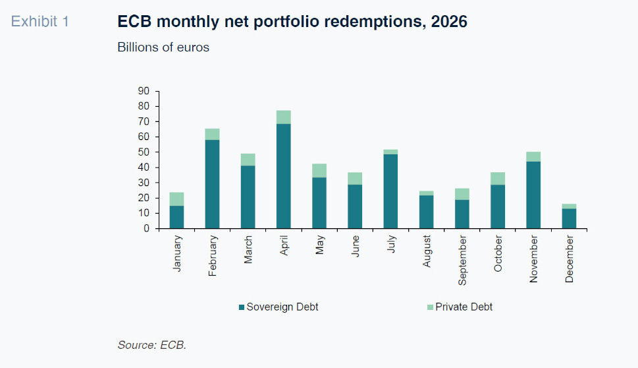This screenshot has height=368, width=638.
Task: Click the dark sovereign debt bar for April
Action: click(x=284, y=176)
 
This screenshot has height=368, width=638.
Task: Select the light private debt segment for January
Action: click(x=176, y=199)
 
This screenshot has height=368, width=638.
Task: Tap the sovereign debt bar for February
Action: click(x=212, y=184)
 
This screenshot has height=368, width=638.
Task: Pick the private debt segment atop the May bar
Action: click(x=319, y=170)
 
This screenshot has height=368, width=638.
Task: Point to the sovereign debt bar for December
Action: click(x=570, y=218)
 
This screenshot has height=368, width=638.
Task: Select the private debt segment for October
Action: click(x=498, y=178)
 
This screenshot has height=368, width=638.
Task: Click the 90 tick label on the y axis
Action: click(x=144, y=91)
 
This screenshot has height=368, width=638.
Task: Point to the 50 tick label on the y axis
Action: click(x=144, y=152)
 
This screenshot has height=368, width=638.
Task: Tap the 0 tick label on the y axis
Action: click(x=146, y=229)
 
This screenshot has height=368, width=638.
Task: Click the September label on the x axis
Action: click(x=462, y=261)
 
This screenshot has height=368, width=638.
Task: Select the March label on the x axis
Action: click(x=248, y=251)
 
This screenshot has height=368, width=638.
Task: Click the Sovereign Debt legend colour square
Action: click(x=241, y=307)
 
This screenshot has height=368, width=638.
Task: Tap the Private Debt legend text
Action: click(x=464, y=307)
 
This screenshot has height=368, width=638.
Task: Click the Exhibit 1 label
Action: click(x=40, y=22)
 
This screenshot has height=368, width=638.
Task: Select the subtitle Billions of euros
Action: click(x=163, y=47)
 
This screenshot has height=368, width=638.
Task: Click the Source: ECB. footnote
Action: click(x=152, y=344)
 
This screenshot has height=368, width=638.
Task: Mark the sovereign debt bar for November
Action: click(x=534, y=195)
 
